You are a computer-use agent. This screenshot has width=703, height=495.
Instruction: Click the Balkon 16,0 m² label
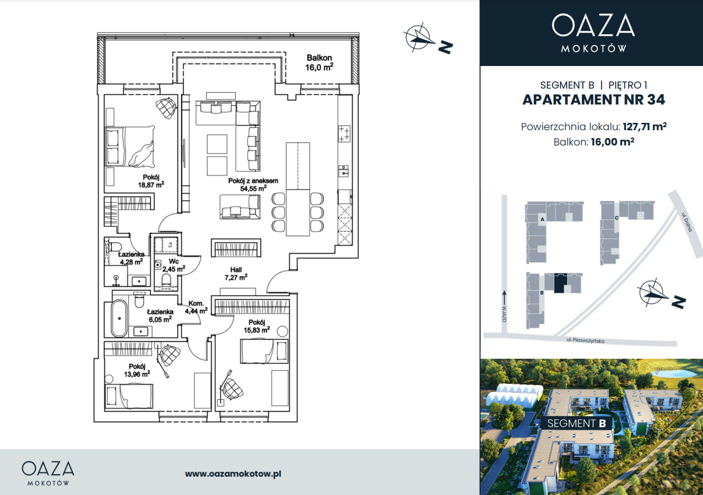click(x=319, y=63)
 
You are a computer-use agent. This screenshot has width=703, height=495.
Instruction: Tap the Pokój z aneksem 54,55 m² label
click(x=253, y=185)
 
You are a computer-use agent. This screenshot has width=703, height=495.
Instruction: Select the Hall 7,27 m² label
click(x=236, y=274)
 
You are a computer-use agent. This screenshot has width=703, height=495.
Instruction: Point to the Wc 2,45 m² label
click(x=174, y=265)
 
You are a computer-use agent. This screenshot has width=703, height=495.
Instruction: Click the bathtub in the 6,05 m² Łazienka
click(x=119, y=318)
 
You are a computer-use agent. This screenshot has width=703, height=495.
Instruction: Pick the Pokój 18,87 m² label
click(x=150, y=181)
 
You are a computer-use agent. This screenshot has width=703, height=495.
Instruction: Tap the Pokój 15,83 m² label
click(x=257, y=326)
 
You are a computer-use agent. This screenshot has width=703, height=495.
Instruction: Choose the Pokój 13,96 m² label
click(x=137, y=370)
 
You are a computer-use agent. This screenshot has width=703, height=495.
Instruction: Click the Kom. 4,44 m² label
click(x=196, y=307)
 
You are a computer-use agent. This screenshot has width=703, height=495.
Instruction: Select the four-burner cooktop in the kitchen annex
click(x=344, y=134)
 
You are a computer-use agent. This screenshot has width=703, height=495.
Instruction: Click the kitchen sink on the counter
click(x=344, y=170)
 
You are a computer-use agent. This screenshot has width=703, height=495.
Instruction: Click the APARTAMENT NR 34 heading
click(x=594, y=100)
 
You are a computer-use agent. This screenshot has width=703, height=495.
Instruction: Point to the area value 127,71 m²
click(x=644, y=127)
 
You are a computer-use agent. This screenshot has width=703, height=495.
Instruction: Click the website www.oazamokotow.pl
click(x=233, y=474)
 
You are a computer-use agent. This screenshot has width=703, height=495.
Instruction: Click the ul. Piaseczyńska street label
click(x=585, y=341)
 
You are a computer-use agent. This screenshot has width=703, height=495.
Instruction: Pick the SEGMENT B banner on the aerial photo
click(x=576, y=424)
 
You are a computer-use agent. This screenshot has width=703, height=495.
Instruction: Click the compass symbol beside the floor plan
click(x=419, y=37)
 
